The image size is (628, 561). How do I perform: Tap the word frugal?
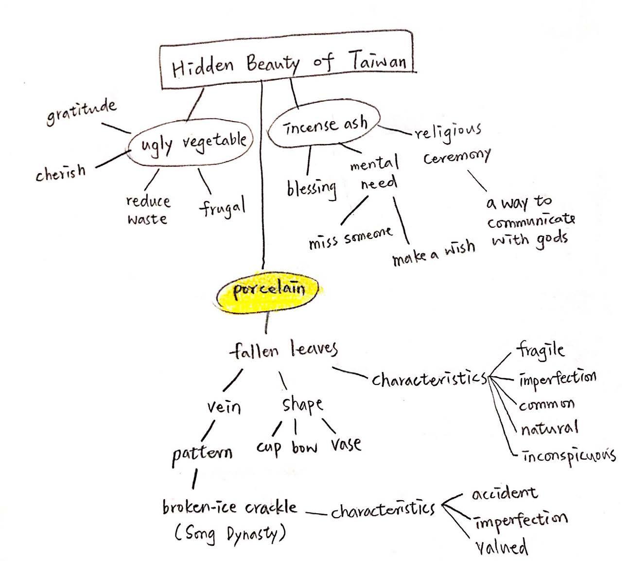tap(223, 207)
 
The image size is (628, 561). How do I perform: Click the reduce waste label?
tap(147, 210)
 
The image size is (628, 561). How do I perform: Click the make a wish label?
tap(433, 253)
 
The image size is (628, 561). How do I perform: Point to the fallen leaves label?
tap(283, 349)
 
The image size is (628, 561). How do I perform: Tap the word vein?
tap(224, 406)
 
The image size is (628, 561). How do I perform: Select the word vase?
tap(346, 444)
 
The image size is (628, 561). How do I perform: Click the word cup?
tap(269, 447)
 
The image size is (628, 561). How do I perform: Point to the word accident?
tap(505, 493)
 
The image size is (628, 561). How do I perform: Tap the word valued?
tap(501, 547)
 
